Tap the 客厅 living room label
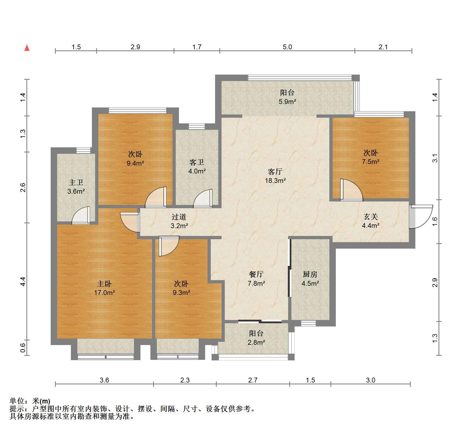click(x=275, y=172)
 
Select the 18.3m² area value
click(x=275, y=180)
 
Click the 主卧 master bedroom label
click(x=104, y=284)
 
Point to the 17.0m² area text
click(x=105, y=293)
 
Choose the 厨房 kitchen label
click(x=310, y=274)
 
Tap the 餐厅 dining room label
click(x=256, y=274)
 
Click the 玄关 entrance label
click(x=371, y=217)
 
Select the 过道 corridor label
click(x=179, y=217)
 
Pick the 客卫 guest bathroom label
click(x=197, y=162)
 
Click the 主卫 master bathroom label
click(x=76, y=182)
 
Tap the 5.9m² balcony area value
click(x=287, y=102)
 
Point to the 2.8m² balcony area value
click(x=256, y=342)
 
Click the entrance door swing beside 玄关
click(x=420, y=217)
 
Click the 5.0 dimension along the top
click(x=287, y=47)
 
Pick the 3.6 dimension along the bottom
click(x=104, y=380)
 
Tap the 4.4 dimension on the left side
click(x=23, y=281)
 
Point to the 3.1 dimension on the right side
click(x=435, y=158)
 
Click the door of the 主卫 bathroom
click(x=81, y=215)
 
